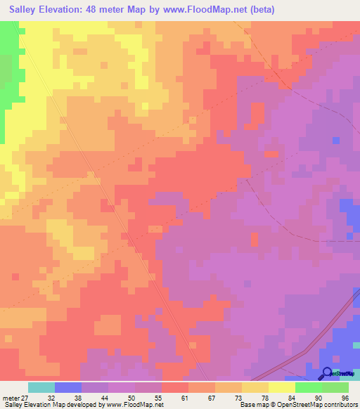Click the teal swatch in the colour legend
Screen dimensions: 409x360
coord(41,387)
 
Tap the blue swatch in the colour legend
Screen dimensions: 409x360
coord(67,387)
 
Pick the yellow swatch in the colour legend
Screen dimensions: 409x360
coord(281,387)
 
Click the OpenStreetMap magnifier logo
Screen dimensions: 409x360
coord(327,373)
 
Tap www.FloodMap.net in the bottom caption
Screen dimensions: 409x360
coord(134,405)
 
